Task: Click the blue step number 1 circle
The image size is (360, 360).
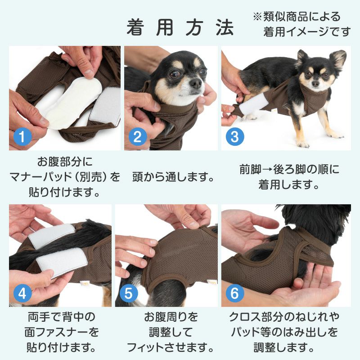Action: pos(22,136)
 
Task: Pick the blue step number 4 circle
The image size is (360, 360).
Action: pos(22,294)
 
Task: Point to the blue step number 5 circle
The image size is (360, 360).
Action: pos(129,294)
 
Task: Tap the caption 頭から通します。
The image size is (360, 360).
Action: pos(173,177)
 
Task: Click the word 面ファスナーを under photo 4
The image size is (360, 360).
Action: pos(61,333)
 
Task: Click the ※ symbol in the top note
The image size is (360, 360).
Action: pos(256,17)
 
